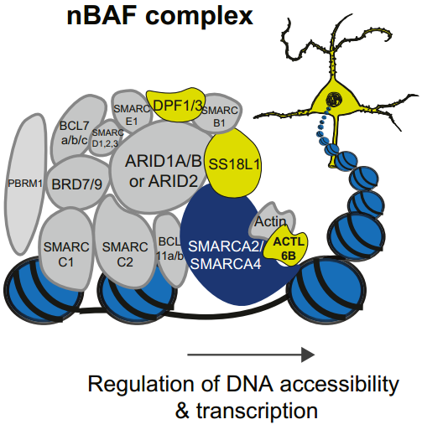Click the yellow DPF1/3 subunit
coord(175,105)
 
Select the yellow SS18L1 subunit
coord(233,163)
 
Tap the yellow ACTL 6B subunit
coord(288,247)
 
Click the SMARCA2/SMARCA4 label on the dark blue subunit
coord(226,255)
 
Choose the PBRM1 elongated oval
coord(25,184)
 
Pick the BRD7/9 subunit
coord(77,184)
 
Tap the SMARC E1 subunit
coord(132,111)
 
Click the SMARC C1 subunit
coord(66,251)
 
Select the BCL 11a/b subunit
coord(170,249)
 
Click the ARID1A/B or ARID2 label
coord(164,171)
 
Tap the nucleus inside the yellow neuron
coord(334,99)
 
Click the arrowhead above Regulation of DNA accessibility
coord(308,355)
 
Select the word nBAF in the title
coord(102,16)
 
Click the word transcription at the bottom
coord(257,411)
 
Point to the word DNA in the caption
coord(249,384)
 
